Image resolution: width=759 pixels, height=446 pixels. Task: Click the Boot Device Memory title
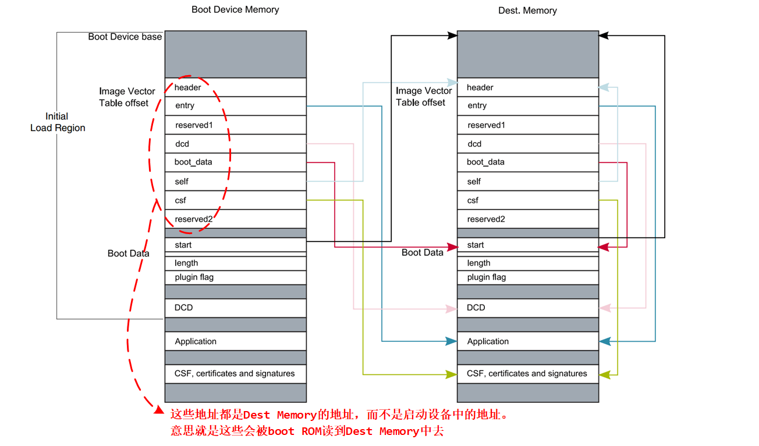pos(235,10)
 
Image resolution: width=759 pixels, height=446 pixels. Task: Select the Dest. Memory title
pos(527,11)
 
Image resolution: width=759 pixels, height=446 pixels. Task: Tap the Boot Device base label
pos(125,37)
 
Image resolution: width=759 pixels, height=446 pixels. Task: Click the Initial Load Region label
pos(58,122)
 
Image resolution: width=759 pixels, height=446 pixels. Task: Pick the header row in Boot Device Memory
pos(235,87)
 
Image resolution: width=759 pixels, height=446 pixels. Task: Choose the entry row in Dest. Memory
pos(527,106)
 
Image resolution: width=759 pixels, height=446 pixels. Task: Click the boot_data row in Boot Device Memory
pos(235,162)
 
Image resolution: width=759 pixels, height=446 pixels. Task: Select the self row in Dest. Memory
pos(527,182)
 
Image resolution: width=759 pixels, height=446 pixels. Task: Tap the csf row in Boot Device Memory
pos(235,200)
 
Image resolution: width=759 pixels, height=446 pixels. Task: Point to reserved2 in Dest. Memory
pos(527,220)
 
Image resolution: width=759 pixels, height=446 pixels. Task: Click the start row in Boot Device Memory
pos(235,245)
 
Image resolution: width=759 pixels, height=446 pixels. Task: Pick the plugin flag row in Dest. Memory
pos(527,278)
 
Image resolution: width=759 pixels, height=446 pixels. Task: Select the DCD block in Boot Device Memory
pos(235,307)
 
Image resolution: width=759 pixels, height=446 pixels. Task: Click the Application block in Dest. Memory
pos(527,341)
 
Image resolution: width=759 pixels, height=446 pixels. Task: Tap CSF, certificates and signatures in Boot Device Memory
pos(235,374)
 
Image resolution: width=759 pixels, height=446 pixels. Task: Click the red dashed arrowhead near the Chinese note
pos(158,410)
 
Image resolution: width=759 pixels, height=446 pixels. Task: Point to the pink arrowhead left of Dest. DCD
pos(451,308)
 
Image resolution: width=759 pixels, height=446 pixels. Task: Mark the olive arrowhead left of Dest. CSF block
pos(451,374)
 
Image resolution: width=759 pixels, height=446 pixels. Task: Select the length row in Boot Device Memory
pos(235,263)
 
